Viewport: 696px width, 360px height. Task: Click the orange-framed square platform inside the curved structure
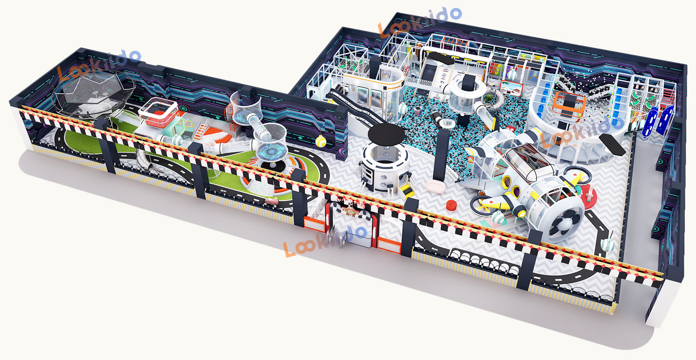[x=569, y=103]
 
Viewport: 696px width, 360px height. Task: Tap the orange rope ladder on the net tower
[x=229, y=113]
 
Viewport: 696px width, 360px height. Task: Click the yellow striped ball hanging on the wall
[x=320, y=141]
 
